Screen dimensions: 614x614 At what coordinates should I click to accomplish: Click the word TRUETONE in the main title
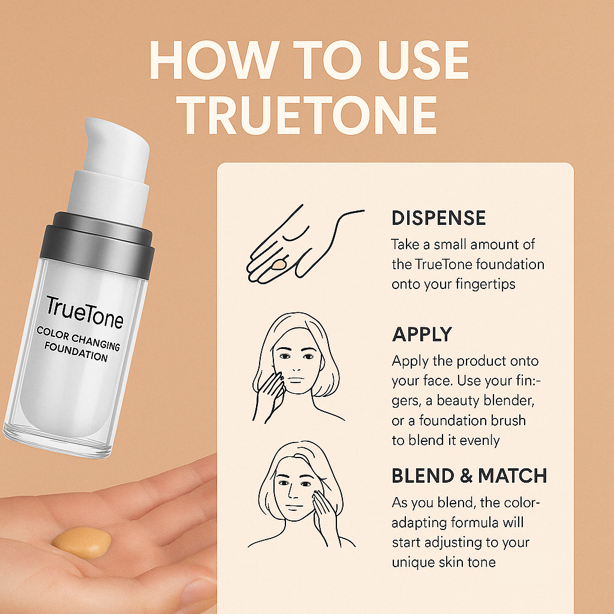[306, 115]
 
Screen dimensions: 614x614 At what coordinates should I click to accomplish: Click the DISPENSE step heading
[438, 218]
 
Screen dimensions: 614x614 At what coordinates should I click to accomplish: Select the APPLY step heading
[422, 335]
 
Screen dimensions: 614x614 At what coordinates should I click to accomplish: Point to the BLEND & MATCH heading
[469, 475]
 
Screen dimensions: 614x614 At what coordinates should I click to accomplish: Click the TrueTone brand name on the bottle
[85, 312]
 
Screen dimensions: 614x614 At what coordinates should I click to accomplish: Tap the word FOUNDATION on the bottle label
[76, 351]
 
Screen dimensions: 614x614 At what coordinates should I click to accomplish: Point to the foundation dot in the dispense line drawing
[279, 265]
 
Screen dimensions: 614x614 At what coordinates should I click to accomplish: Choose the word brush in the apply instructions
[508, 420]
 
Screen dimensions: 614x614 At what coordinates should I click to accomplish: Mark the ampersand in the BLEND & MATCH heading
[465, 475]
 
